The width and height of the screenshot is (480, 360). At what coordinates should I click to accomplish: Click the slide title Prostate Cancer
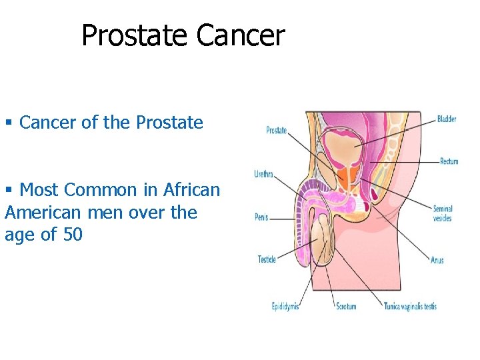point(183,35)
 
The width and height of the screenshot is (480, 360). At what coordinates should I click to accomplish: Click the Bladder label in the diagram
point(446,119)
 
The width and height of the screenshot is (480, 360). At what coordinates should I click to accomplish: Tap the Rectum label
point(449,161)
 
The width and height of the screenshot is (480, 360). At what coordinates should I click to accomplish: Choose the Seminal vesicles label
point(442,213)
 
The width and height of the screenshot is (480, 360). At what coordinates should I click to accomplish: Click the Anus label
point(437,260)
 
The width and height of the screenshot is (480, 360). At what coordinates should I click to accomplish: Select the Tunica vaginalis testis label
point(410,307)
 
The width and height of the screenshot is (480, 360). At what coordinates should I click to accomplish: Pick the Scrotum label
point(345,307)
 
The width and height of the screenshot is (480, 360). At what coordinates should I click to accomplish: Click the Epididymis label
point(285,307)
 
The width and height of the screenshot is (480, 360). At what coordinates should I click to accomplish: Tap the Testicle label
point(267,259)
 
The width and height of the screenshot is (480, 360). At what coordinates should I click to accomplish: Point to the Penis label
point(261,217)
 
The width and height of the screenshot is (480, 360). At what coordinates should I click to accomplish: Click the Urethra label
point(263,174)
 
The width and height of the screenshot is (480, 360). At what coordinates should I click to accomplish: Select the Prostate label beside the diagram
point(276,130)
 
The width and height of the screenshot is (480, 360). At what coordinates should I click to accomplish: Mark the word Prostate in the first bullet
point(169,123)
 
